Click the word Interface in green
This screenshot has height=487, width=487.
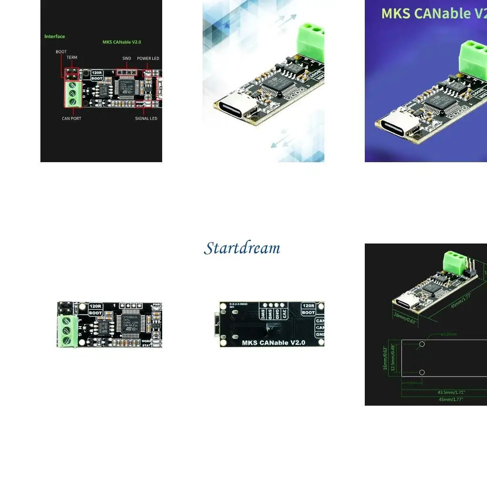pos(55,37)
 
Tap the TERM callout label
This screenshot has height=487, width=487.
pos(72,58)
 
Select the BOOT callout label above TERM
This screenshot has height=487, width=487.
pos(61,51)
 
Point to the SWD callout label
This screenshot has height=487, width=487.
pos(127,58)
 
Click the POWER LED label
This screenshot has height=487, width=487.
pos(148,58)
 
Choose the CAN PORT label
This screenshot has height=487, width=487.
pos(71,118)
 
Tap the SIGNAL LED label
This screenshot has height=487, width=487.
pos(146,118)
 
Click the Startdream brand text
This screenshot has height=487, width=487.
pos(242,248)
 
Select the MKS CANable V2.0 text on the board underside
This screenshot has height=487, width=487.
pos(273,342)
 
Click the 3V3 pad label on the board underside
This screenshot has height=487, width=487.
pos(284,314)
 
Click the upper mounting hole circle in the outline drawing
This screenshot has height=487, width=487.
pos(422,344)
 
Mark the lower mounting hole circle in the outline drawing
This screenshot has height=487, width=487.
pos(422,372)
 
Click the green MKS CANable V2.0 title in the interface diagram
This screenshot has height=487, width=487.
pos(122,42)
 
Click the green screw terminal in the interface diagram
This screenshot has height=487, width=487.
pos(72,94)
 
